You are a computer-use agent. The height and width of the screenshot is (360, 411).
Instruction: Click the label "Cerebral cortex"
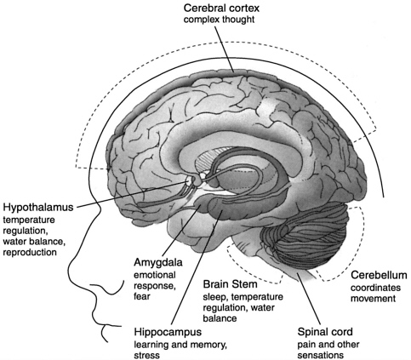221,8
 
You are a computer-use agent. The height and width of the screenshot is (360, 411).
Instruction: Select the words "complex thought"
219,20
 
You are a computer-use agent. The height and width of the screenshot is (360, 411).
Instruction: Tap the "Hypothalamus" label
38,208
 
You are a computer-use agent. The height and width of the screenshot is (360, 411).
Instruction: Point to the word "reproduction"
30,252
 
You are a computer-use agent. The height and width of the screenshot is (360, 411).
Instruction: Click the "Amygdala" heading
158,262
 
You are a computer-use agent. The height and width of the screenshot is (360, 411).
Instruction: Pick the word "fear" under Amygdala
141,296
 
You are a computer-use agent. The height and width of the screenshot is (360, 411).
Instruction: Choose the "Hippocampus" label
168,332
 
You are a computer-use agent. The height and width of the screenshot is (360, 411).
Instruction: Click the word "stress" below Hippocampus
146,355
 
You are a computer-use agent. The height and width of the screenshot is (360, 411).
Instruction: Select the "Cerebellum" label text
379,275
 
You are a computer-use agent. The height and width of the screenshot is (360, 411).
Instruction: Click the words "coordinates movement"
375,293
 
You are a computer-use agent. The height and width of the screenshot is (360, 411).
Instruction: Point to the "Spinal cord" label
325,332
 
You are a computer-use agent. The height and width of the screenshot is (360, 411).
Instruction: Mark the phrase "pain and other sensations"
328,350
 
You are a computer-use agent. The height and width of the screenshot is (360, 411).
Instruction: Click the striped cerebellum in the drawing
305,237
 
